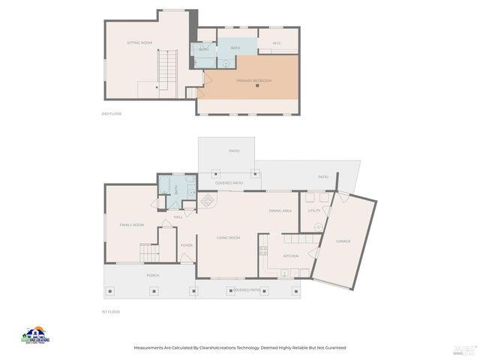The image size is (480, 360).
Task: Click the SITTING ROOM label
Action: coord(139,43)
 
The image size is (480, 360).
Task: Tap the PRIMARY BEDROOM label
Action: coord(253,80)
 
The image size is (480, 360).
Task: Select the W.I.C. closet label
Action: coord(276,42)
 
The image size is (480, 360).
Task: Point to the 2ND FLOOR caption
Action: coord(111,114)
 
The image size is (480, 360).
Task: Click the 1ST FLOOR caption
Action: coord(111,311)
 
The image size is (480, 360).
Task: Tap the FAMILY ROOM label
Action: coord(131,224)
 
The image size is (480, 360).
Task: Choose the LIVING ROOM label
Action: coord(228,238)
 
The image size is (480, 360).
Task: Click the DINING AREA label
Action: coord(280,211)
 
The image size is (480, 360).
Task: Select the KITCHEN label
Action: coord(291,256)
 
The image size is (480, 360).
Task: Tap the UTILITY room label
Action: coord(313,211)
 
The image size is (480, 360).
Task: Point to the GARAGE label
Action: coord(343,241)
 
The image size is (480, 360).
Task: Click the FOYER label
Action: coord(186,245)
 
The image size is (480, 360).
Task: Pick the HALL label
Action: coord(178,217)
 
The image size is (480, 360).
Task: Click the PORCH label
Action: coord(152,275)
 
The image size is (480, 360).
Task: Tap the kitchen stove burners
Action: coord(263,250)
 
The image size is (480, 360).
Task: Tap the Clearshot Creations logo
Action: coord(35,334)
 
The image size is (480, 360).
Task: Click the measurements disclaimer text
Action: coord(240,347)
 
